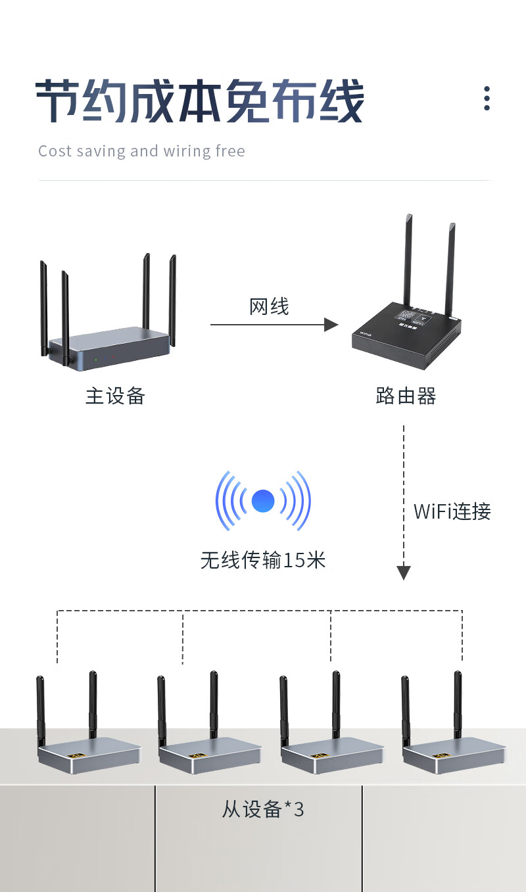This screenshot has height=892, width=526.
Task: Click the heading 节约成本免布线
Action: pos(199,102)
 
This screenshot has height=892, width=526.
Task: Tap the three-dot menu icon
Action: pos(487,98)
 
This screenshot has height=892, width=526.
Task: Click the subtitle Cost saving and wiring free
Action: pos(141,151)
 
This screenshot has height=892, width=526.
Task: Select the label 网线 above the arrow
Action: pos(269,306)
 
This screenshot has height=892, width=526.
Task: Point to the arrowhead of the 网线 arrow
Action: pos(331,324)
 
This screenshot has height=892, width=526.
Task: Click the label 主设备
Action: pos(115,396)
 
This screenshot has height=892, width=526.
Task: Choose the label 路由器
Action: pos(406,396)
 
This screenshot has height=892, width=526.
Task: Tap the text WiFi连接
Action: pos(452,511)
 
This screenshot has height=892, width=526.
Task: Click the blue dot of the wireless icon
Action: pos(263,502)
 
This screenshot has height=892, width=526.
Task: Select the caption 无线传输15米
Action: pos(263,560)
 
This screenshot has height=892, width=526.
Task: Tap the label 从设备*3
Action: pos(263,809)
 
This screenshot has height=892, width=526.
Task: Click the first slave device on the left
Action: pos(89,753)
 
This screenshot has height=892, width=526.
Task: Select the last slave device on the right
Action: pos(454,753)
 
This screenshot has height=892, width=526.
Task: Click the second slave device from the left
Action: pos(210,753)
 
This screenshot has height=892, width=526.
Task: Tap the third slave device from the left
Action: pos(332,753)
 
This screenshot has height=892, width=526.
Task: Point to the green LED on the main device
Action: pos(96,360)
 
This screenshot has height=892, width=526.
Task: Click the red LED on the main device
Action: pos(114,356)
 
